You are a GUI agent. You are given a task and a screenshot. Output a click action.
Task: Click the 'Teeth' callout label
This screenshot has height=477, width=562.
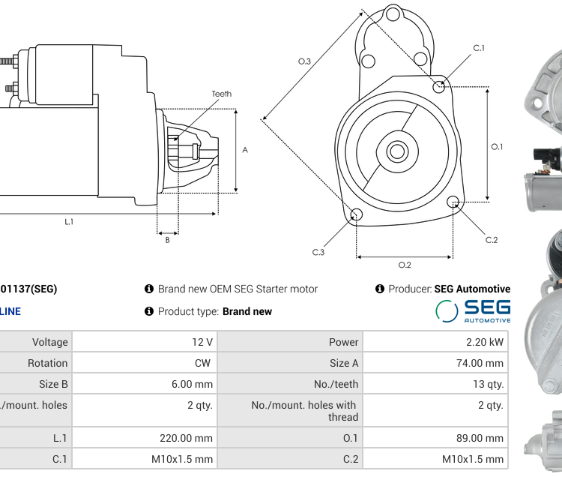(x=221, y=94)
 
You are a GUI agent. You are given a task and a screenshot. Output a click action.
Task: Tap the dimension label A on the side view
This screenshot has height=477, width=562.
(x=245, y=150)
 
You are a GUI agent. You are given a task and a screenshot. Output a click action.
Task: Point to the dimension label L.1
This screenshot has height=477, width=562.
(x=69, y=222)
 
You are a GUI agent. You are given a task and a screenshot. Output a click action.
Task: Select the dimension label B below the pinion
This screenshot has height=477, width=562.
(x=167, y=240)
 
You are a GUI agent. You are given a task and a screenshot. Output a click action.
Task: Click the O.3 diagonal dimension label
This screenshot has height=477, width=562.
(x=304, y=61)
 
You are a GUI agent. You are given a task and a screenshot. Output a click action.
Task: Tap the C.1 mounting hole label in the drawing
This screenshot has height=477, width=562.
(x=479, y=48)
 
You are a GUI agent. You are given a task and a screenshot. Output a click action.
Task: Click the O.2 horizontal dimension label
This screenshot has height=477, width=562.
(x=405, y=264)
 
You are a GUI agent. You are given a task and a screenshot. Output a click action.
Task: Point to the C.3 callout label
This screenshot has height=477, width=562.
(x=318, y=252)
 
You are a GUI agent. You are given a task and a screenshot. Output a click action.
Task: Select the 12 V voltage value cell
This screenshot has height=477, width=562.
(x=202, y=342)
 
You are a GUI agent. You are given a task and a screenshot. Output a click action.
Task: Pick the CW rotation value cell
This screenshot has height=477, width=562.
(x=203, y=363)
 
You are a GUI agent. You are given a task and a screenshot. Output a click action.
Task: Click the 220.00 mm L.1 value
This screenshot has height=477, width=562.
(x=186, y=438)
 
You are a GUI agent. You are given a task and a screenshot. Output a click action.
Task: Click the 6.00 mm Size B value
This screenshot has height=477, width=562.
(x=192, y=384)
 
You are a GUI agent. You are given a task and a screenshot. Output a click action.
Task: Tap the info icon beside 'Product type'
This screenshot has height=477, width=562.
(x=149, y=311)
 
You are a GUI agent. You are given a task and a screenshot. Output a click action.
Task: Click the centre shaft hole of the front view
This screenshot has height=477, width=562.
(x=396, y=151)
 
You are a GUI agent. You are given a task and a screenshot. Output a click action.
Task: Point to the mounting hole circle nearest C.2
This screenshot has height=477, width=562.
(x=453, y=202)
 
